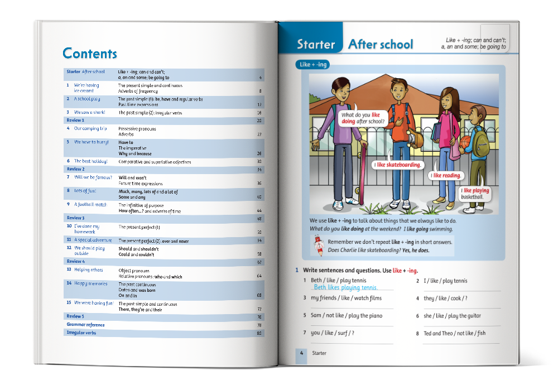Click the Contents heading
coord(90,54)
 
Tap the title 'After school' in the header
coord(381,45)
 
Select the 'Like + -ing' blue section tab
coord(314,65)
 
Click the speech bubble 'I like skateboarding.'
coord(397,165)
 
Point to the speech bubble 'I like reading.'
coord(446,175)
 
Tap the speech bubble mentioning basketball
coord(475,193)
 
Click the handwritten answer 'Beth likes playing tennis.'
coord(345,288)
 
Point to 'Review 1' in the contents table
coord(75,120)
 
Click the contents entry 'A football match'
coord(90,205)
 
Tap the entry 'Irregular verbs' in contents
coord(81,333)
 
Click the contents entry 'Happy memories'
coord(91,283)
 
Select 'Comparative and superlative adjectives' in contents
coord(155,162)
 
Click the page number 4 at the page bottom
coord(301,353)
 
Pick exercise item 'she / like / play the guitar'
coord(451,316)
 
